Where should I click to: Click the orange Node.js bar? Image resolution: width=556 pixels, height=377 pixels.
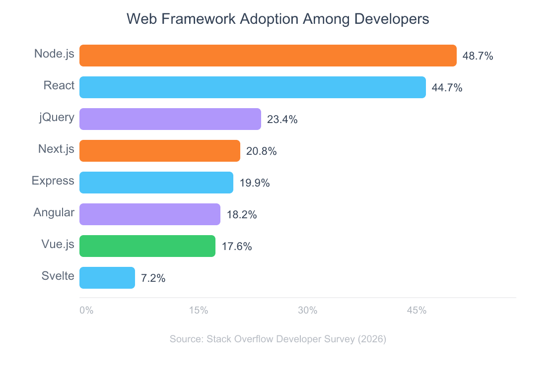click(268, 56)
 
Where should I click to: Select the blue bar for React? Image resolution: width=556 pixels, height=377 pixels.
click(253, 87)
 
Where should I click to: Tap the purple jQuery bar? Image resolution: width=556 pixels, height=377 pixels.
click(170, 119)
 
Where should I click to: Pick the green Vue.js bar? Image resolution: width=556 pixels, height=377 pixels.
click(147, 246)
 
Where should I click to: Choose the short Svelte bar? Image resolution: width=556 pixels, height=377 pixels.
click(107, 278)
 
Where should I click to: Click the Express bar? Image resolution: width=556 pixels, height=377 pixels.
click(156, 183)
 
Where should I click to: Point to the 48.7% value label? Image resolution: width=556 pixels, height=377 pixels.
click(478, 56)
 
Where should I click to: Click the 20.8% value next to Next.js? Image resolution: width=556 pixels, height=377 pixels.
click(261, 151)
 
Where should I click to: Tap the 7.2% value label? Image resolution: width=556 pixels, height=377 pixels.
click(153, 278)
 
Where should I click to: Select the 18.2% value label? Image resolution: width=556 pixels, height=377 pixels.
click(241, 215)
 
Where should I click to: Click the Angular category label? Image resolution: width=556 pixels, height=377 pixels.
click(54, 213)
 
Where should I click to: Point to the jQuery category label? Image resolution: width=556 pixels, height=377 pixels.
click(57, 118)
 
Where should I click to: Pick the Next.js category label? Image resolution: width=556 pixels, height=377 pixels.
click(56, 149)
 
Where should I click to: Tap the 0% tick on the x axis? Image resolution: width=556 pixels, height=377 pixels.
click(86, 311)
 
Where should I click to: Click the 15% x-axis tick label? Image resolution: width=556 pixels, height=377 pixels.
click(198, 311)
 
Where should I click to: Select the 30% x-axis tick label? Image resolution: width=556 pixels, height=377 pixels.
click(307, 311)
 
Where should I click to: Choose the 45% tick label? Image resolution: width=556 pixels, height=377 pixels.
click(417, 311)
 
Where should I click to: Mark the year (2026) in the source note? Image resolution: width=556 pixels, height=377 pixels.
click(372, 339)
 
